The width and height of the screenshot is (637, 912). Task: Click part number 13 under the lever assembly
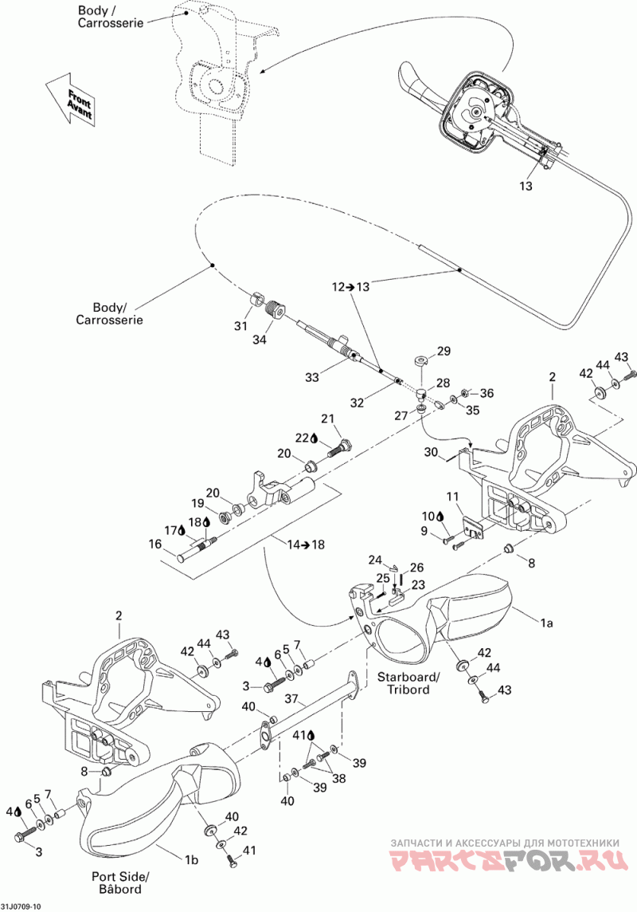point(526,186)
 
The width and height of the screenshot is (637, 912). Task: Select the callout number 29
point(444,351)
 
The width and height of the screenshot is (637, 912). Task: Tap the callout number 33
point(312,377)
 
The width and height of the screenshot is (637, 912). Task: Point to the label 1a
point(546,623)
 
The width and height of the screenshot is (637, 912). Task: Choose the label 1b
point(191,859)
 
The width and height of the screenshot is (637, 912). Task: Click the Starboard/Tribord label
point(408,683)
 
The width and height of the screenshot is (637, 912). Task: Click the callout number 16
point(155,544)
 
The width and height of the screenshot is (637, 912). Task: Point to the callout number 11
point(453,496)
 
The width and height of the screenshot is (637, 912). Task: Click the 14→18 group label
point(306,544)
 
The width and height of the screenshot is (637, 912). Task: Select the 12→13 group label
point(350,286)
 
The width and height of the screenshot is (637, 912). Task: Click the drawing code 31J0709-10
point(21,906)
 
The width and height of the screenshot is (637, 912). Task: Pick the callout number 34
point(259,340)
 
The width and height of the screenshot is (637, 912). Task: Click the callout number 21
point(328,419)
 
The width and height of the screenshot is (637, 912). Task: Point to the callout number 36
point(487,393)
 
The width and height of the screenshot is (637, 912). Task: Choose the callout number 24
point(374,560)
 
